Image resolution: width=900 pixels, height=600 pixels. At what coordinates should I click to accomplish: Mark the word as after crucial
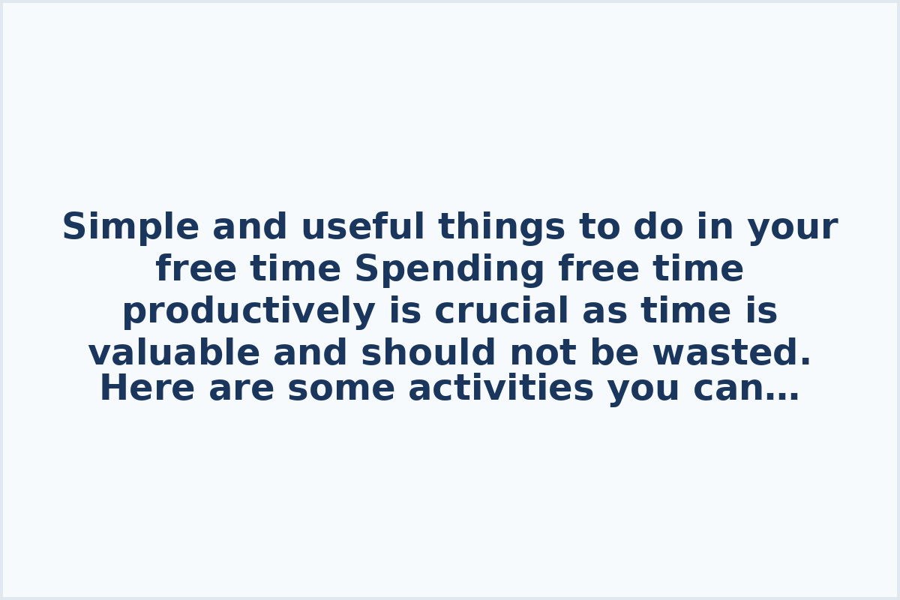pyautogui.click(x=601, y=311)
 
